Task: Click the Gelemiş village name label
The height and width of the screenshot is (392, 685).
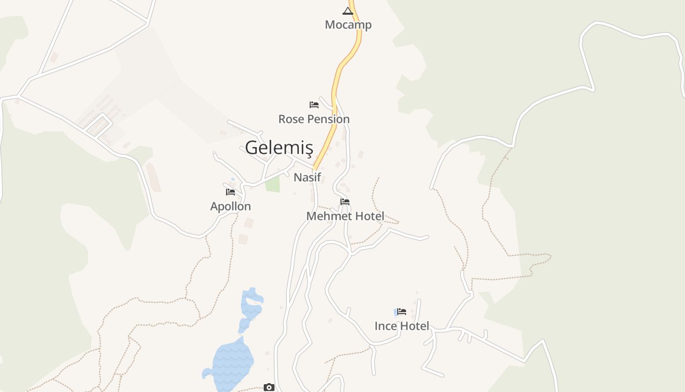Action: (x=278, y=147)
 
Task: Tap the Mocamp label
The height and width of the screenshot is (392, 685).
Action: (x=348, y=24)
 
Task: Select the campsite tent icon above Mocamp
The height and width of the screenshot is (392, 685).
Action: (x=347, y=11)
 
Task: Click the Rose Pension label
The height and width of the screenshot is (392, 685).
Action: (x=314, y=119)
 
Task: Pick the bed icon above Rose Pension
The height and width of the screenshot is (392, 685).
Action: (x=314, y=105)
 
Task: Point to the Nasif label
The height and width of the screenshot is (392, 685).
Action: (x=307, y=177)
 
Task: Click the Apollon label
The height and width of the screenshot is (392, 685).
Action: (x=230, y=206)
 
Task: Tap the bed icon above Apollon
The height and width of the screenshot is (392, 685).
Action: (x=230, y=192)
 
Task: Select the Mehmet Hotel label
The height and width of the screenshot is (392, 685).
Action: (x=345, y=216)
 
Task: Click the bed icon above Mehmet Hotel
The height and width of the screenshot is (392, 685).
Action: (x=345, y=201)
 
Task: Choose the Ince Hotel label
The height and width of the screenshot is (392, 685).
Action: (x=402, y=326)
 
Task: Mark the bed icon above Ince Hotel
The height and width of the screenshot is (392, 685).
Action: (x=402, y=311)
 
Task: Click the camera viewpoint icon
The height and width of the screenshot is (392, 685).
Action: (x=269, y=387)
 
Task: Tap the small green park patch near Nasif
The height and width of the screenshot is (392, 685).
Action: (x=273, y=184)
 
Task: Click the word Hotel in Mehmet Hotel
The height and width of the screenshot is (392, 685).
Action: (x=367, y=216)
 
